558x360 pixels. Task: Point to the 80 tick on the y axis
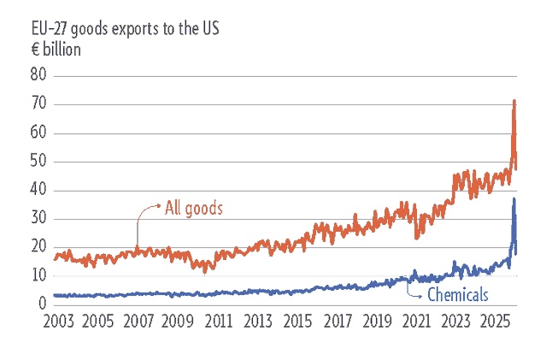coord(38,76)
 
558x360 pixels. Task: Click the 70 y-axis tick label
coord(38,104)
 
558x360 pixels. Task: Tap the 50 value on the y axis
coord(38,162)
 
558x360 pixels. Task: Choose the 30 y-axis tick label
coord(38,219)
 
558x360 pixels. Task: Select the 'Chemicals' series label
coord(457,295)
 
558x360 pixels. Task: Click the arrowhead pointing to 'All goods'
coord(157,205)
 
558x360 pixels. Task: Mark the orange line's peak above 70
coord(514,101)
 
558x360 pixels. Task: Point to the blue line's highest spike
coord(514,199)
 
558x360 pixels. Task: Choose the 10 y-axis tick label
coord(38,275)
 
